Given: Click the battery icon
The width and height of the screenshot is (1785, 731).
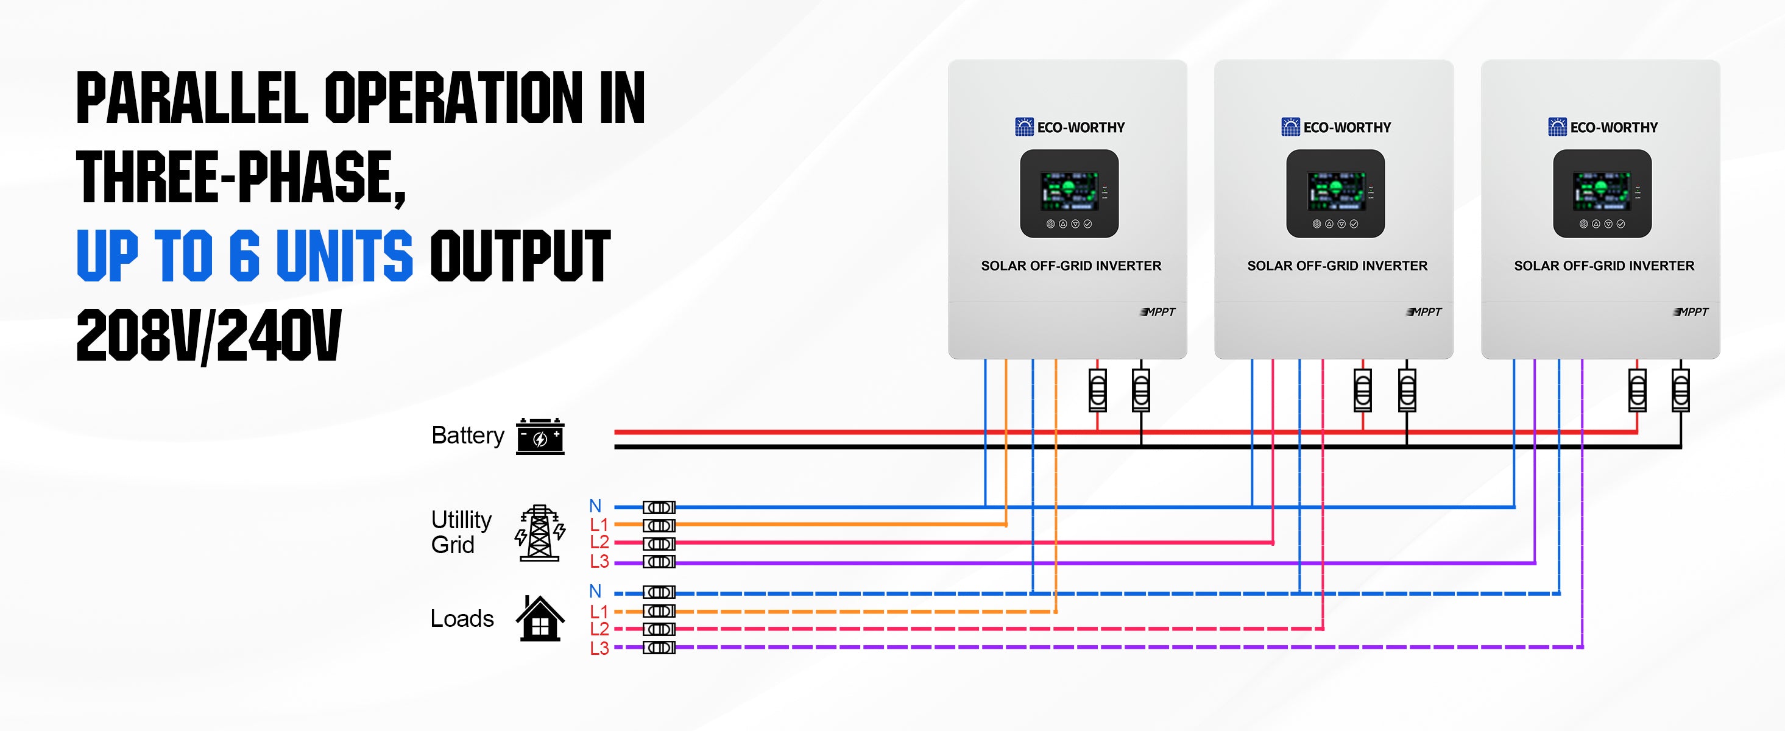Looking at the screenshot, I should coord(540,437).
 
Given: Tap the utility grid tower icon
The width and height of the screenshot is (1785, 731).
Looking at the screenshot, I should coord(540,533).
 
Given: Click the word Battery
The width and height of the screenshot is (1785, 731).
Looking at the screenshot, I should coord(468,436).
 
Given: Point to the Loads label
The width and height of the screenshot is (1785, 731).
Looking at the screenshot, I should coord(462,618).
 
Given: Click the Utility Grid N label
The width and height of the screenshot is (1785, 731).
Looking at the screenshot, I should coord(595,506).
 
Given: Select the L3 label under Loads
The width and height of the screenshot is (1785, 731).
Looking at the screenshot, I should coord(599,649).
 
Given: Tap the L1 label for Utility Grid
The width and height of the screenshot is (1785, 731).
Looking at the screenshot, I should coord(599,524).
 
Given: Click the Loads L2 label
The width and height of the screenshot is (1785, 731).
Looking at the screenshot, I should coord(599,629).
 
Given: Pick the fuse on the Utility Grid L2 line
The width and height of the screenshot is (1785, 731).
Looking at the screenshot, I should coord(659,543).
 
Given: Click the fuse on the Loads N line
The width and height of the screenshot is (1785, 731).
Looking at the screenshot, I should coord(659,593).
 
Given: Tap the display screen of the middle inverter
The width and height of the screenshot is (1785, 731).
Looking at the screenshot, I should coord(1335,191).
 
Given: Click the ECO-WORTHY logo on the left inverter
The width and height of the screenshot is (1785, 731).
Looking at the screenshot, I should coord(1070,127).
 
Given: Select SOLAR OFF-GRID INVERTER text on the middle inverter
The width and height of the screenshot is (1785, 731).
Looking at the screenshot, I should coord(1337,266).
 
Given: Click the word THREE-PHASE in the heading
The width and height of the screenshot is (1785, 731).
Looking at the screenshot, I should coord(240,178).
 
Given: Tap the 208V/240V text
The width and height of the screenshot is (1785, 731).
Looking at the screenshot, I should coord(208,336).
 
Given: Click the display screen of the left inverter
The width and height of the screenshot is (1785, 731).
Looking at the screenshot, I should coord(1069,191).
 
